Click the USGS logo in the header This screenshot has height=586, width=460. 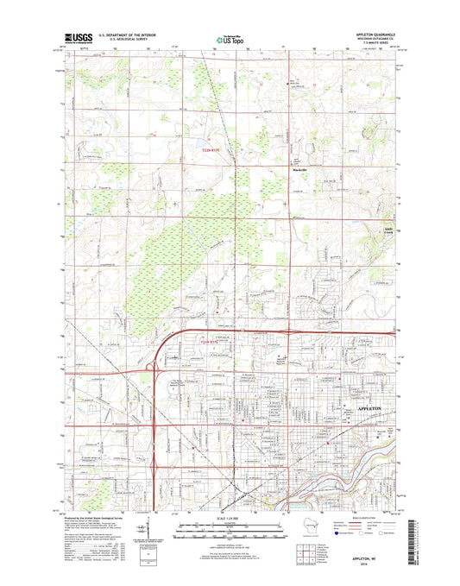tap(75, 38)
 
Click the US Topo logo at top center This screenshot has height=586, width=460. tap(229, 38)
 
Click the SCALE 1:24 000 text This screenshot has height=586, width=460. tap(230, 516)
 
